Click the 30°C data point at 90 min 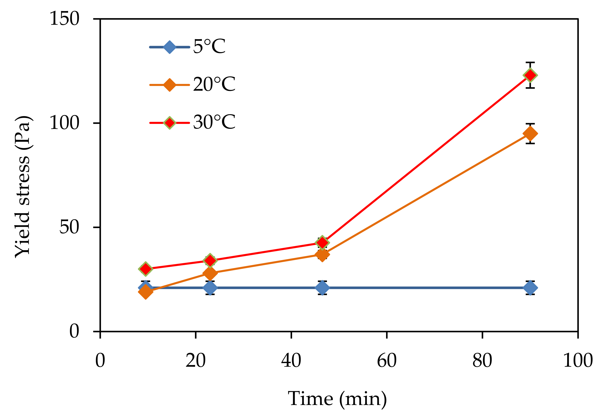pos(530,75)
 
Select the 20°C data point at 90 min pos(530,134)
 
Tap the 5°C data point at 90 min pos(530,288)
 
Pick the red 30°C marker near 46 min pos(322,243)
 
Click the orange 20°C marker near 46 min pos(322,254)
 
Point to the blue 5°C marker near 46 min pos(322,288)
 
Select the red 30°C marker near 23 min pos(210,260)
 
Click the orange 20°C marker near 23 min pos(210,273)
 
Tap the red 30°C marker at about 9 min pos(145,269)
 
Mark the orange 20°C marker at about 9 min pos(145,292)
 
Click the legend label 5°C pos(209,47)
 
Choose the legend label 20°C pos(214,84)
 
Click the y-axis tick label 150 pos(64,19)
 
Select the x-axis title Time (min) pos(337,399)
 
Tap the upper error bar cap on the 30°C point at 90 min pos(530,63)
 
